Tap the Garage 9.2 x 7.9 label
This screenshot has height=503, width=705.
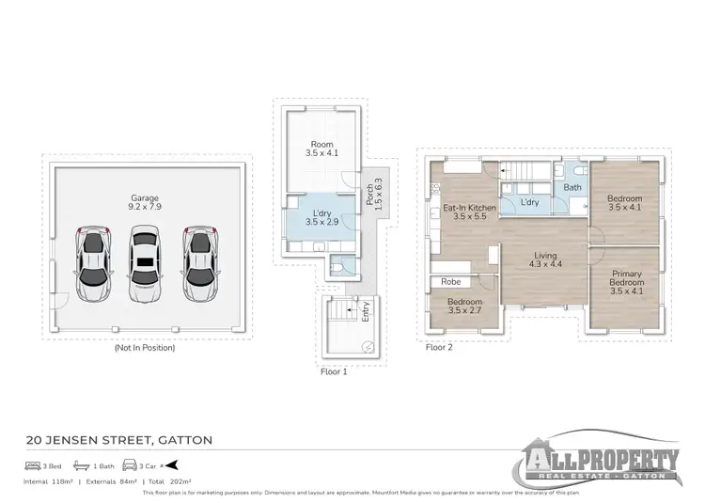[x=144, y=203]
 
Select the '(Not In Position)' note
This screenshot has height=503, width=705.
[x=144, y=347]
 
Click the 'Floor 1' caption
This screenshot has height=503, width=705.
[x=334, y=370]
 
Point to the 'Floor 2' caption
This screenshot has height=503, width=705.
[x=439, y=347]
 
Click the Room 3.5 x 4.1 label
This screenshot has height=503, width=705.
[x=320, y=148]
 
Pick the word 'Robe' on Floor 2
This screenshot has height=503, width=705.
[x=449, y=281]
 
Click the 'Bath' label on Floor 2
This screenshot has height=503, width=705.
[x=572, y=188]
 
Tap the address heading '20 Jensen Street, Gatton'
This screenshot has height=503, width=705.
[x=118, y=439]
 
